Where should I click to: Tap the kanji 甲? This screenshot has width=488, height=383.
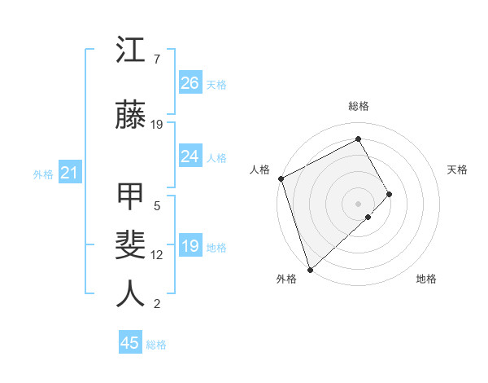point(131,198)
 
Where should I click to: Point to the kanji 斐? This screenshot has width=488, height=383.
point(131,246)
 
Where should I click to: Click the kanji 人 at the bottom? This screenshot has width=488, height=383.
point(131,294)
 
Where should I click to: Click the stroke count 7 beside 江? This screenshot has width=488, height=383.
point(157,59)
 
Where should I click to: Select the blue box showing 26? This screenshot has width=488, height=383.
point(190,82)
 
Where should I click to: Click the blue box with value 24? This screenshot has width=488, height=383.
point(190,156)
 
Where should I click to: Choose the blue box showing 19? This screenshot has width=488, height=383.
point(190,247)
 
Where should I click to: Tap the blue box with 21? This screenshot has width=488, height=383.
point(69,173)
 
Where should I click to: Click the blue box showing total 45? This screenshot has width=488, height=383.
point(130,343)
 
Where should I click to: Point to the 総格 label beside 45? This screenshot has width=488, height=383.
point(156,345)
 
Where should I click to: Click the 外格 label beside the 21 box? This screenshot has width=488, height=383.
point(43,174)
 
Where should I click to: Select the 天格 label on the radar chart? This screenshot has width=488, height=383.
point(458,169)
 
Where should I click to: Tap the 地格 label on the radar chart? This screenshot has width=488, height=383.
point(426,279)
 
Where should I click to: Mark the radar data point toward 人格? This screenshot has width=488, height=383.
point(281,178)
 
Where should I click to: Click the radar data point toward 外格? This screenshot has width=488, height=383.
point(310,268)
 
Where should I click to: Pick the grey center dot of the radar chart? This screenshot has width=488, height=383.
point(358,202)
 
